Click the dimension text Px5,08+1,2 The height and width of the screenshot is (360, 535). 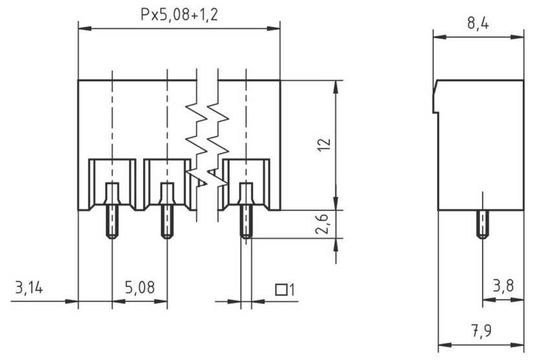coord(179,14)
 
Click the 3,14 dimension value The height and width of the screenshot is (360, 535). coord(28,287)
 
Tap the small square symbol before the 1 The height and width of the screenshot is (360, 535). coord(281,290)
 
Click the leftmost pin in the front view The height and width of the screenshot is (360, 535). coord(112,211)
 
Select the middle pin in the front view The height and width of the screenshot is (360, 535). coord(167,211)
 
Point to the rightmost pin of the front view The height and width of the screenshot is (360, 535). coord(246,211)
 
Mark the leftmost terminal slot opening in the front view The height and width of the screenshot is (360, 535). coord(112,184)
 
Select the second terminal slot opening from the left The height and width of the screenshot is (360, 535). coord(167,184)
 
